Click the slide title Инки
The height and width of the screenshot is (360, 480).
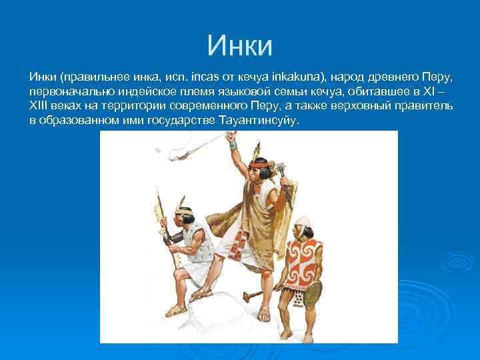pos(239,45)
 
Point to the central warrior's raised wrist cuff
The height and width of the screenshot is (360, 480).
pos(233,144)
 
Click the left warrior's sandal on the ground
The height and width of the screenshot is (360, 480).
pos(176,311)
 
